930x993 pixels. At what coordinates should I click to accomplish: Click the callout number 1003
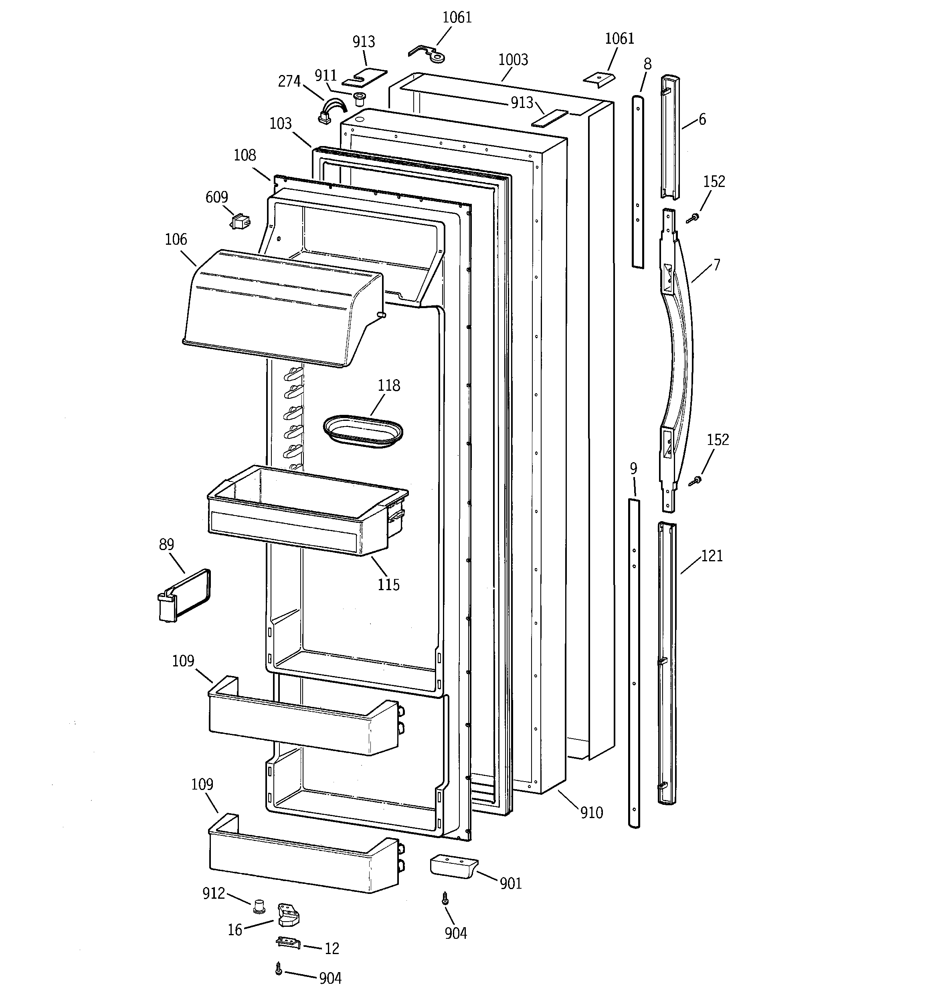[x=513, y=60]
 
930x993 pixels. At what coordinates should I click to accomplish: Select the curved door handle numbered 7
[x=678, y=349]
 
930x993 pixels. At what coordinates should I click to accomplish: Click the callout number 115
[x=388, y=585]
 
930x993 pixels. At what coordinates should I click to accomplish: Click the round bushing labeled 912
[x=259, y=905]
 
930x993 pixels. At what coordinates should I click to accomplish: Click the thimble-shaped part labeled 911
[x=358, y=99]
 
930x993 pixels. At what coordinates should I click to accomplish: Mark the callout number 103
[x=280, y=124]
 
